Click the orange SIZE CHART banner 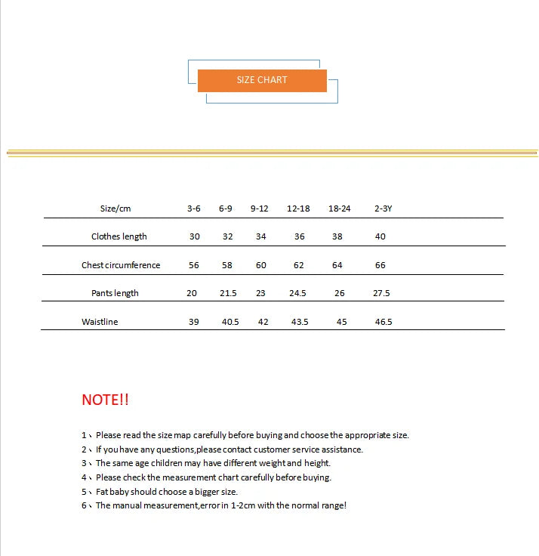click(x=262, y=80)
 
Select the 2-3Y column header click(x=383, y=208)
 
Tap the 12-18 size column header click(x=298, y=208)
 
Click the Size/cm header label click(x=115, y=208)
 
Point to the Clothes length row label click(x=119, y=236)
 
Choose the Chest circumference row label click(x=121, y=265)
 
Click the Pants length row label click(x=115, y=293)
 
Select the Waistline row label click(x=100, y=322)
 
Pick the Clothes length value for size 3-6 click(x=195, y=236)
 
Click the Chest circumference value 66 click(x=380, y=265)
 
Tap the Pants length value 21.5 click(x=228, y=293)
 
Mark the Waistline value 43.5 click(x=300, y=322)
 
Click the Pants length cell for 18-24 click(x=340, y=293)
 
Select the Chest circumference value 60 click(x=261, y=265)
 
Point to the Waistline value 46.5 click(x=383, y=322)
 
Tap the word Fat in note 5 click(x=103, y=492)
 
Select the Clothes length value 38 click(x=337, y=236)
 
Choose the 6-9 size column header click(x=226, y=208)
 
